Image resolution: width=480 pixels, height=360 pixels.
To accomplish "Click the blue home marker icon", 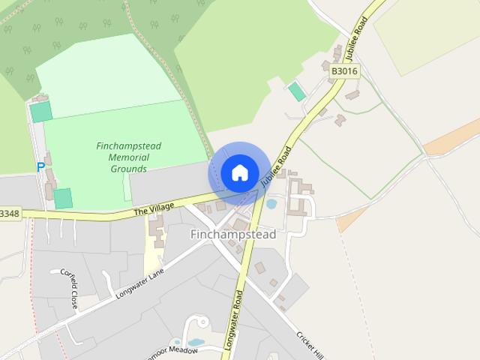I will click(239, 173).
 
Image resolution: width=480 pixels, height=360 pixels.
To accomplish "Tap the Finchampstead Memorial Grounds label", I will click(129, 157).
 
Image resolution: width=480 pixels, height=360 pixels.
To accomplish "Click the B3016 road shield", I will click(344, 71).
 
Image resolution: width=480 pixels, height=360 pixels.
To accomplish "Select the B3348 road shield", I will click(9, 214).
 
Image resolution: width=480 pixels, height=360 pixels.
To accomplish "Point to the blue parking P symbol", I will click(40, 168).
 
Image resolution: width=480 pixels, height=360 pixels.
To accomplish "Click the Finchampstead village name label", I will click(233, 235).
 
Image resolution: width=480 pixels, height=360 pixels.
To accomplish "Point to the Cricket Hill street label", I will click(309, 344).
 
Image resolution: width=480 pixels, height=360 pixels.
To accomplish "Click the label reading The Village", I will click(154, 208).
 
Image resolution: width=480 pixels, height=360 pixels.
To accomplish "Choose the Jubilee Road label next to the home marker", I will click(276, 166).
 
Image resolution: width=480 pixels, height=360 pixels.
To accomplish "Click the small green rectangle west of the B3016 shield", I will click(298, 91).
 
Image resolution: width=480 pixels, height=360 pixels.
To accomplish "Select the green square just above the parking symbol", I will click(41, 112).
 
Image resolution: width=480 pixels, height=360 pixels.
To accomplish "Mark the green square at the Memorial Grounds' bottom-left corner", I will click(63, 199).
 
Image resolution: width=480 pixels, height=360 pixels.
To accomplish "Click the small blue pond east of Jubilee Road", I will click(271, 203).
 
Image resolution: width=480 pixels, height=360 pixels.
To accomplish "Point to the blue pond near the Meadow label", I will click(195, 343).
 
